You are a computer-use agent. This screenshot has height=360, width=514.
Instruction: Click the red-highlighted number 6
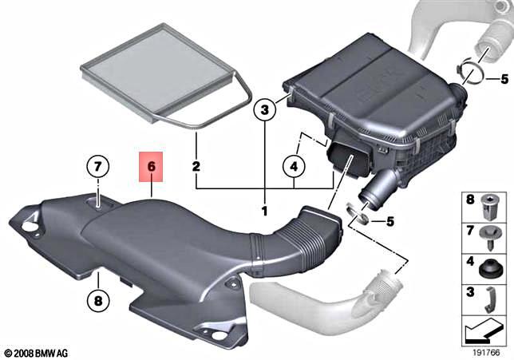150,168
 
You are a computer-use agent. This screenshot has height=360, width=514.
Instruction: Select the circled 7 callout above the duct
97,168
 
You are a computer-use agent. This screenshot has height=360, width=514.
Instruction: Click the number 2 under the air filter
196,167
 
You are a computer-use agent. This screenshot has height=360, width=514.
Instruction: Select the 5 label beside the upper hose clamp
504,79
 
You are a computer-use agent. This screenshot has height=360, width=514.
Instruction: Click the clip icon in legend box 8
489,206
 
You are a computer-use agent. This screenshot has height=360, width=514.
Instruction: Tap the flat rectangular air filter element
164,79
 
